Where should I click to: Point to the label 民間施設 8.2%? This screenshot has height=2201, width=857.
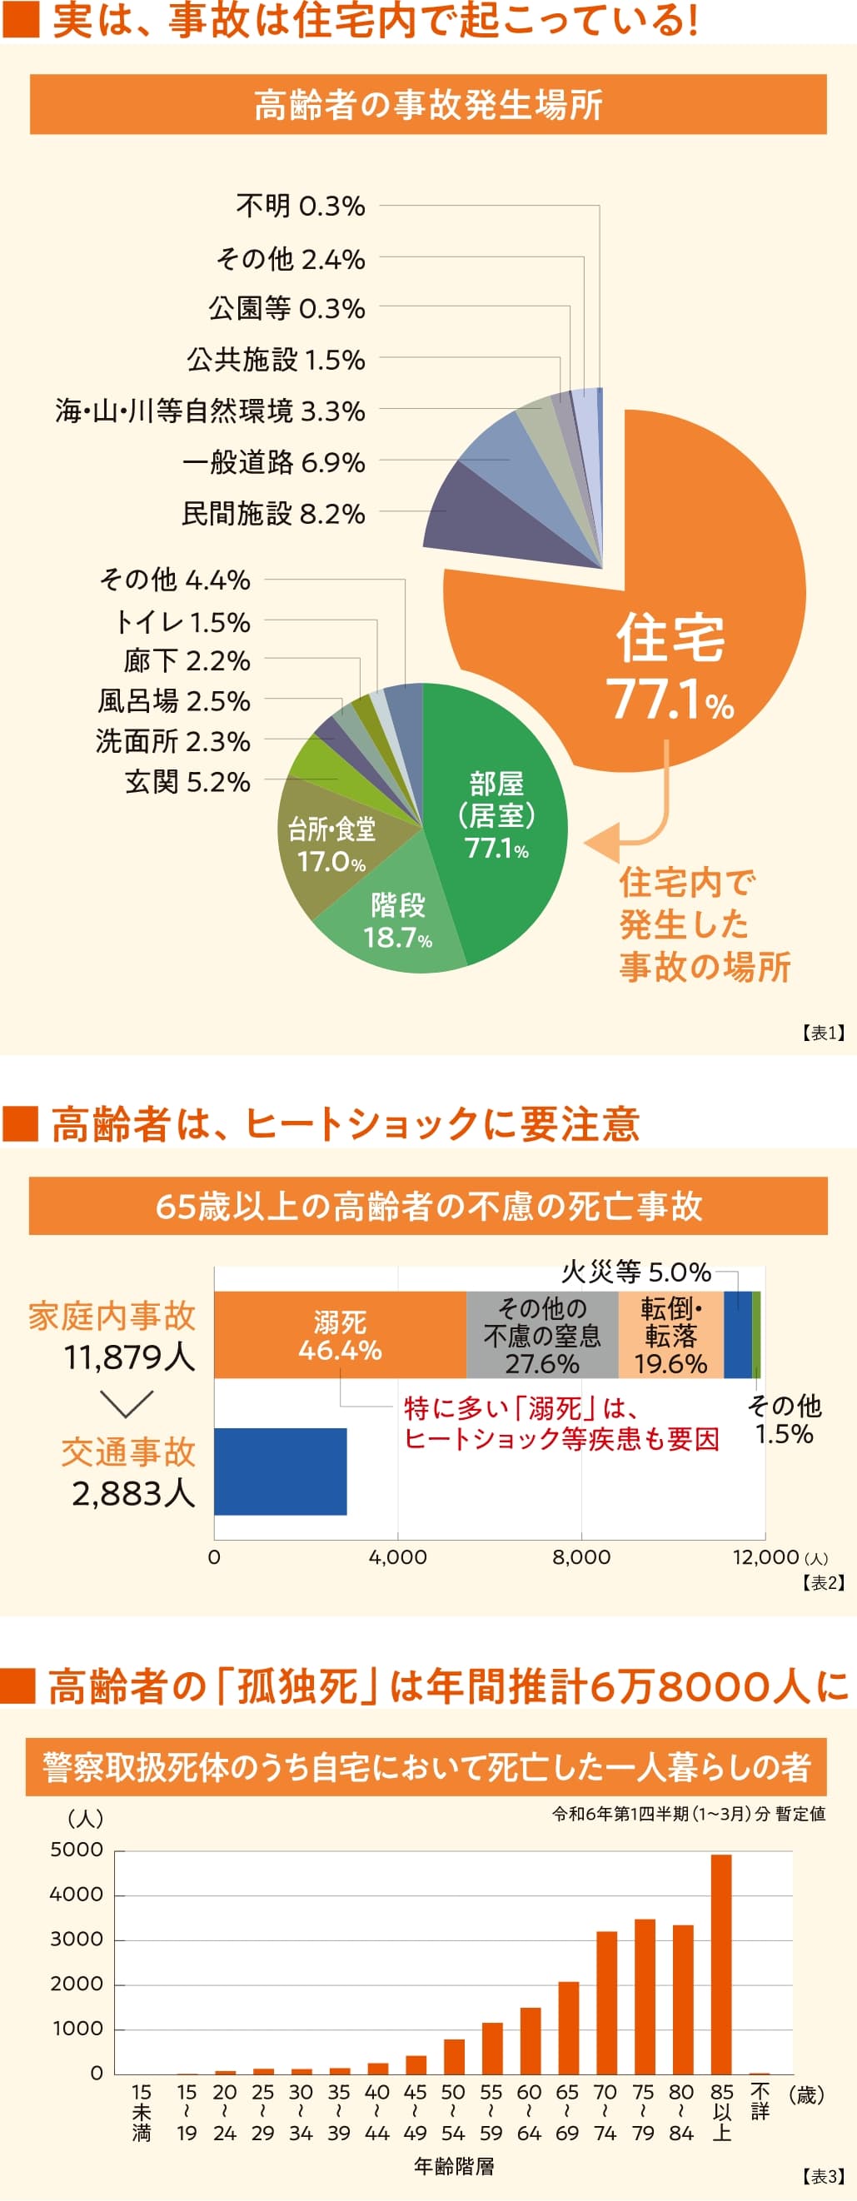click(x=273, y=514)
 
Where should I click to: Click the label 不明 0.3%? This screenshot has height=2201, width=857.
click(x=300, y=206)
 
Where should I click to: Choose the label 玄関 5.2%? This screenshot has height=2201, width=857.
click(x=187, y=781)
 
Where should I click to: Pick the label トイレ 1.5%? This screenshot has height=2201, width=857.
click(x=182, y=622)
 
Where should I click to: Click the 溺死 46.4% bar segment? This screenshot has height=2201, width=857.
click(x=340, y=1336)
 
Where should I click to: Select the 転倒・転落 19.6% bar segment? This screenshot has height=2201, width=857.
click(x=670, y=1336)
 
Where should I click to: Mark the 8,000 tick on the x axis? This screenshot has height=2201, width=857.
click(x=581, y=1556)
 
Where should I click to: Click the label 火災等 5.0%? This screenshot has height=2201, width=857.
click(x=635, y=1272)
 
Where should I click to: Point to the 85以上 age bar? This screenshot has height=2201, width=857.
click(x=721, y=1965)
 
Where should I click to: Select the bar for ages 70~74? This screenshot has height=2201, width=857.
click(x=606, y=2004)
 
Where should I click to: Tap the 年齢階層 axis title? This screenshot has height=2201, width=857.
click(x=454, y=2166)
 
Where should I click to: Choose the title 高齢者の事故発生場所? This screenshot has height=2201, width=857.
click(x=428, y=104)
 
